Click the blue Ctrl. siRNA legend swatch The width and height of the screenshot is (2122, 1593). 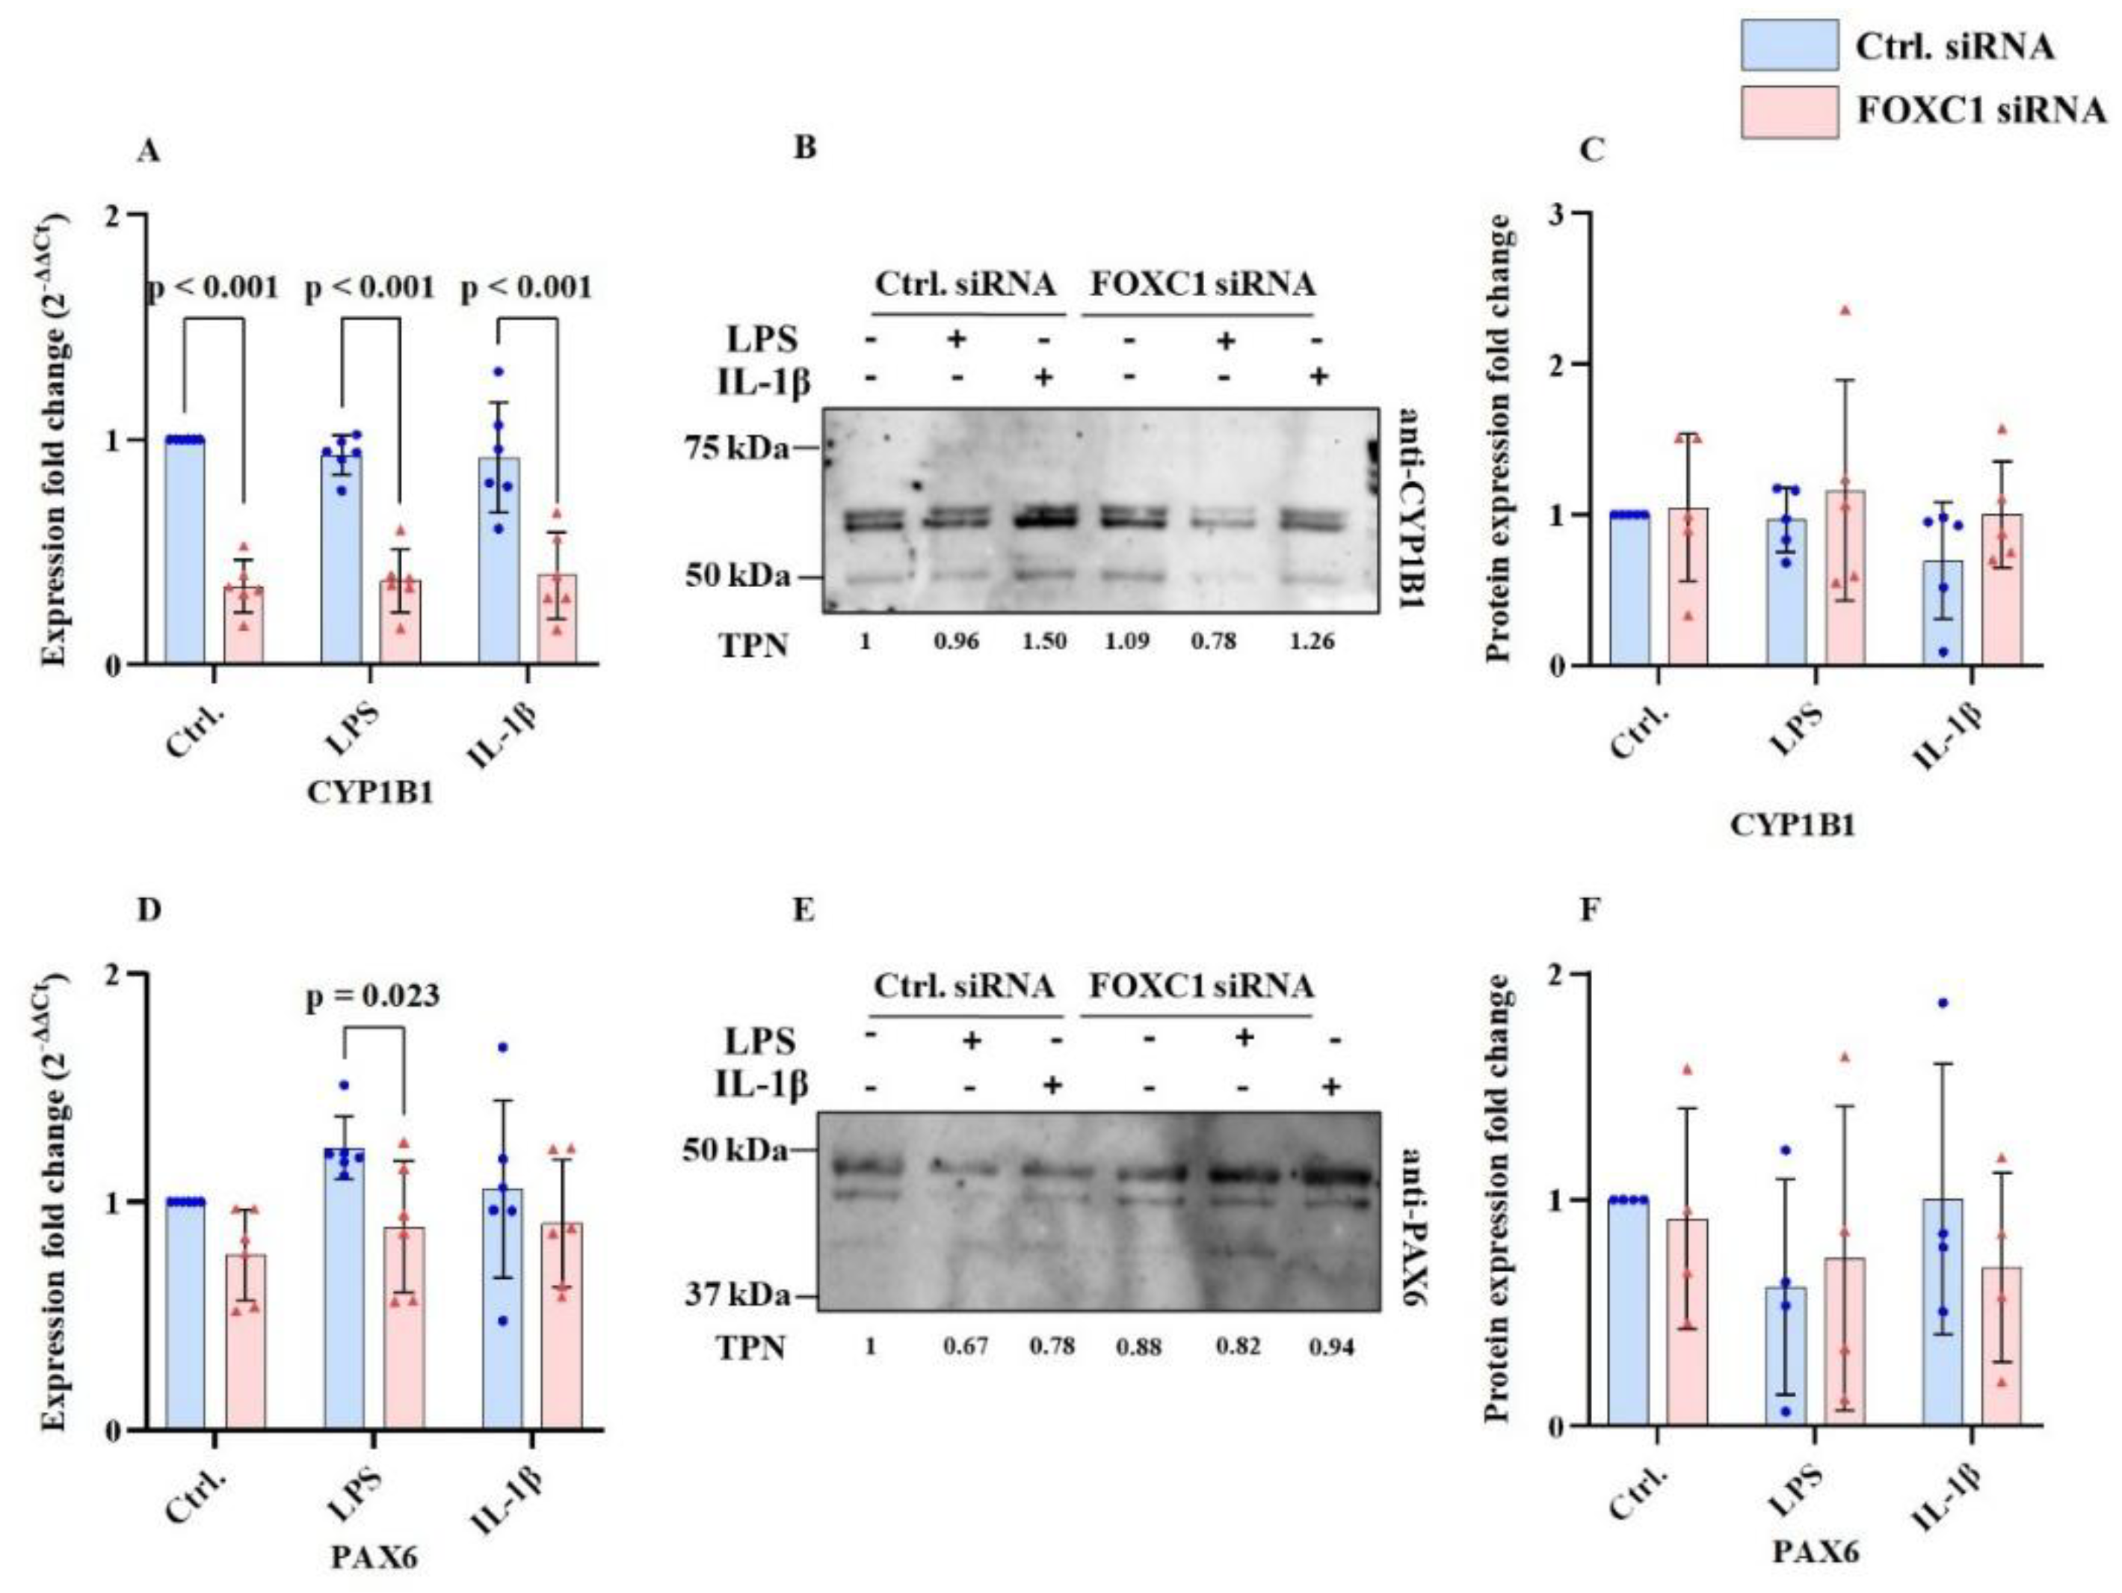click(x=1789, y=45)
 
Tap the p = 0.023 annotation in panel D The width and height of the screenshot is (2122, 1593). click(x=372, y=996)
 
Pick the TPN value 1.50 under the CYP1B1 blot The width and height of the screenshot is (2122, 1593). click(x=1043, y=641)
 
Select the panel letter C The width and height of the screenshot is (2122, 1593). click(x=1591, y=150)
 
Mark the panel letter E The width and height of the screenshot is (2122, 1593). click(x=804, y=909)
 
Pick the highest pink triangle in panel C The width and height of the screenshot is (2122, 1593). click(x=1844, y=310)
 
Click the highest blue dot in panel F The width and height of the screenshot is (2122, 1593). click(x=1943, y=1003)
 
